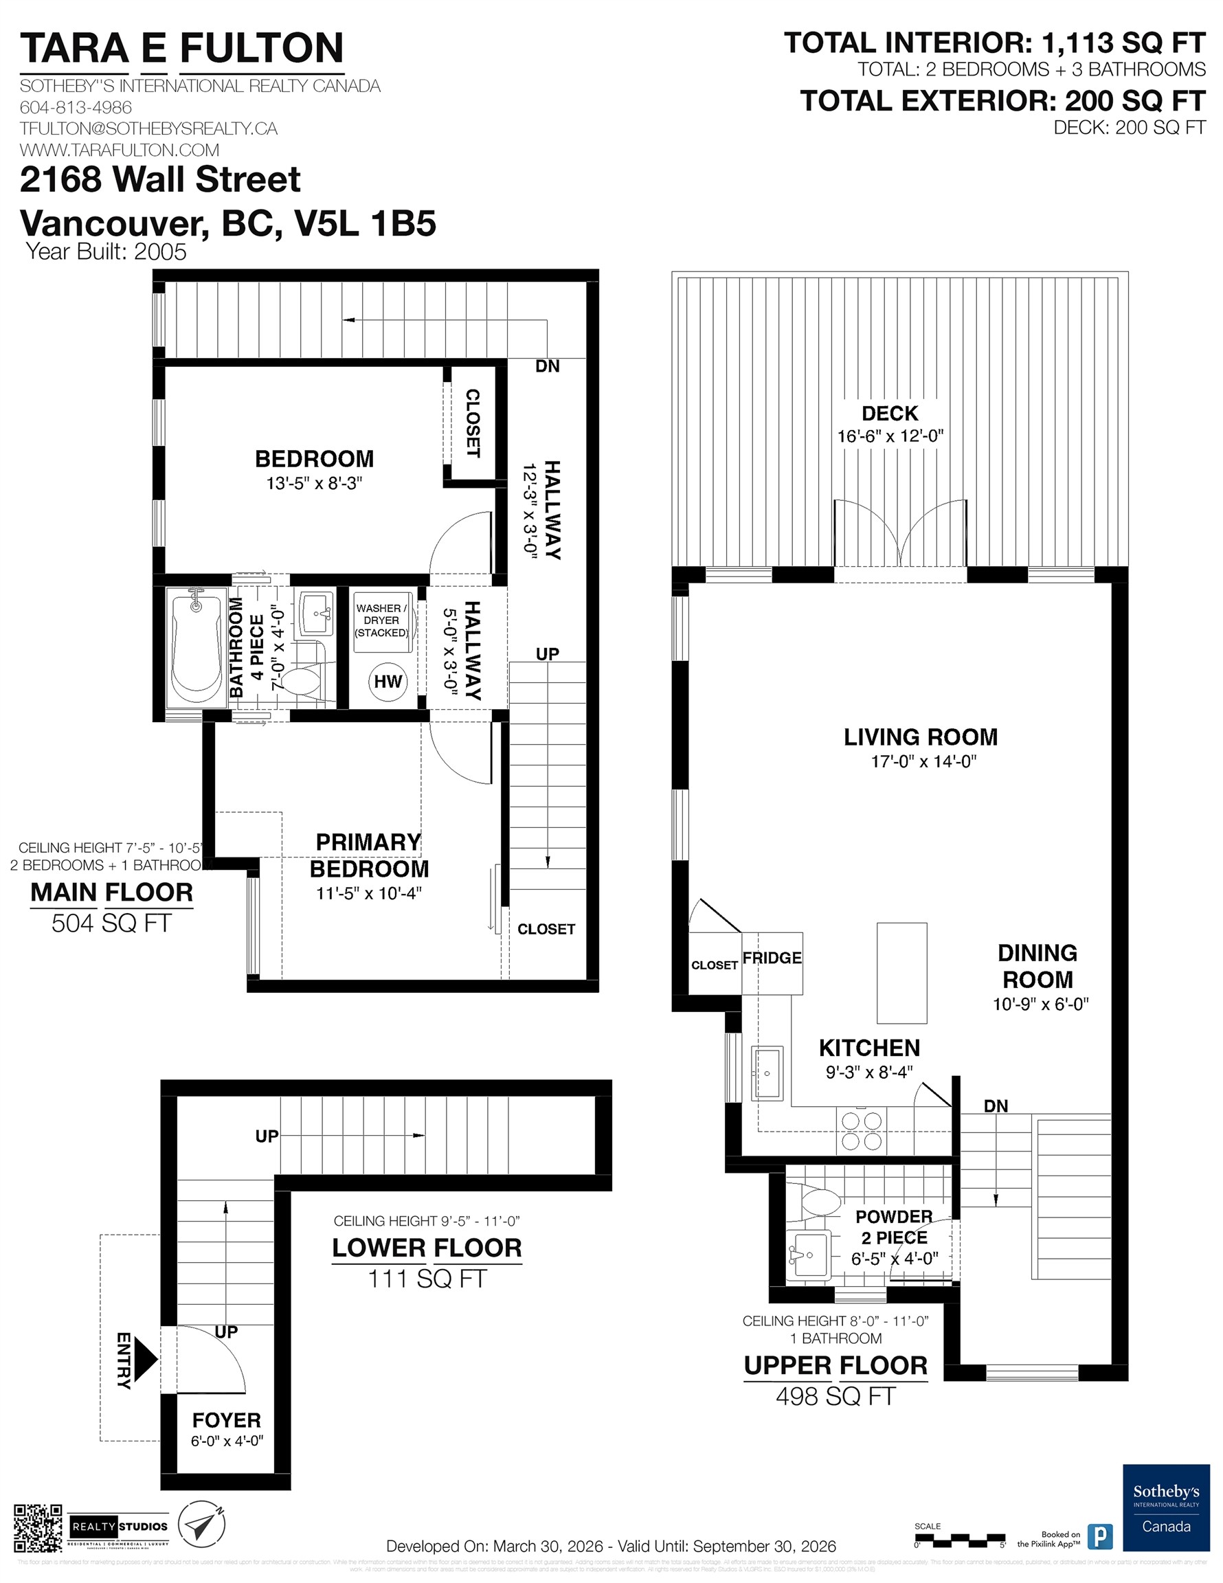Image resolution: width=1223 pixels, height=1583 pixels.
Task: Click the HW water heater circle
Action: point(388,682)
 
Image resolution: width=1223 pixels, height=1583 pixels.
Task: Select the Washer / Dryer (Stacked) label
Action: point(381,620)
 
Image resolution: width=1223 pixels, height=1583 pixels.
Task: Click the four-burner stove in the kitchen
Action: point(860,1132)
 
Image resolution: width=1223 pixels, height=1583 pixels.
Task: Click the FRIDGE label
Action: point(772,958)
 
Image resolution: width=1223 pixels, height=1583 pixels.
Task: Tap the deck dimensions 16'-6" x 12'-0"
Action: point(890,436)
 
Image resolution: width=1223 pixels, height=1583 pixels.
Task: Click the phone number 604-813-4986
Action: point(76,107)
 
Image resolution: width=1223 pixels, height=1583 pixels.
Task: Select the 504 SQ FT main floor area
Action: point(111,923)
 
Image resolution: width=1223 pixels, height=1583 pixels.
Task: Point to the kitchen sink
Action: point(766,1073)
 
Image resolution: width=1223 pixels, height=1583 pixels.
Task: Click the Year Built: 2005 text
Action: point(106,252)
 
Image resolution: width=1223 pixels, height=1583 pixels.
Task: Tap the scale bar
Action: point(958,1538)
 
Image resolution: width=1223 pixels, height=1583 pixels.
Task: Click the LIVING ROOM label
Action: point(920,737)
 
